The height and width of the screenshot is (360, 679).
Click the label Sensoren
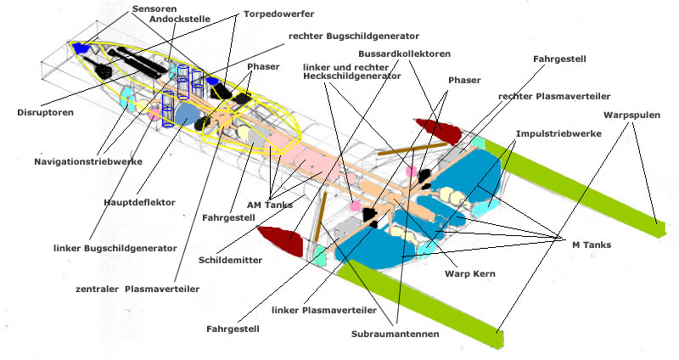tap(153, 8)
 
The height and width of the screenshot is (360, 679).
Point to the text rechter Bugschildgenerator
tap(353, 37)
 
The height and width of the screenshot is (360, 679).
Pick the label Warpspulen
tap(633, 114)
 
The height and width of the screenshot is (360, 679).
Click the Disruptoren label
tap(44, 111)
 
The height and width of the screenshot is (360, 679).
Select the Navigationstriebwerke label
tap(88, 161)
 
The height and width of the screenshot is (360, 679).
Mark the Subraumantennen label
tap(395, 335)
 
